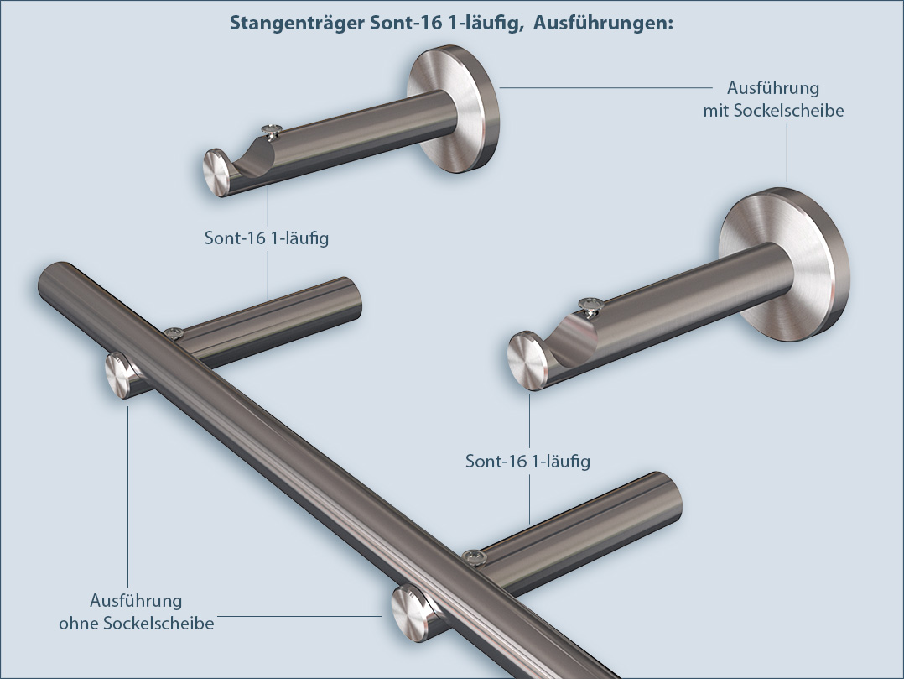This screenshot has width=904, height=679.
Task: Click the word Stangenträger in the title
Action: point(298,24)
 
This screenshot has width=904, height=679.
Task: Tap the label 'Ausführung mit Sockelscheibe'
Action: point(772,99)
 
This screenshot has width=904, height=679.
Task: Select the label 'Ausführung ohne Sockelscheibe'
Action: point(136,612)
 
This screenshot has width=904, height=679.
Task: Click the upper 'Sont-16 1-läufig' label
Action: point(267,238)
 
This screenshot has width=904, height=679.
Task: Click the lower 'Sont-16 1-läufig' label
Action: point(527,462)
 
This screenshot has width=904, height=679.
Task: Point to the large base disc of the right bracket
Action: point(784,269)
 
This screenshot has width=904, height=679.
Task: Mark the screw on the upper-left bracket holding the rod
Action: point(174,333)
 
